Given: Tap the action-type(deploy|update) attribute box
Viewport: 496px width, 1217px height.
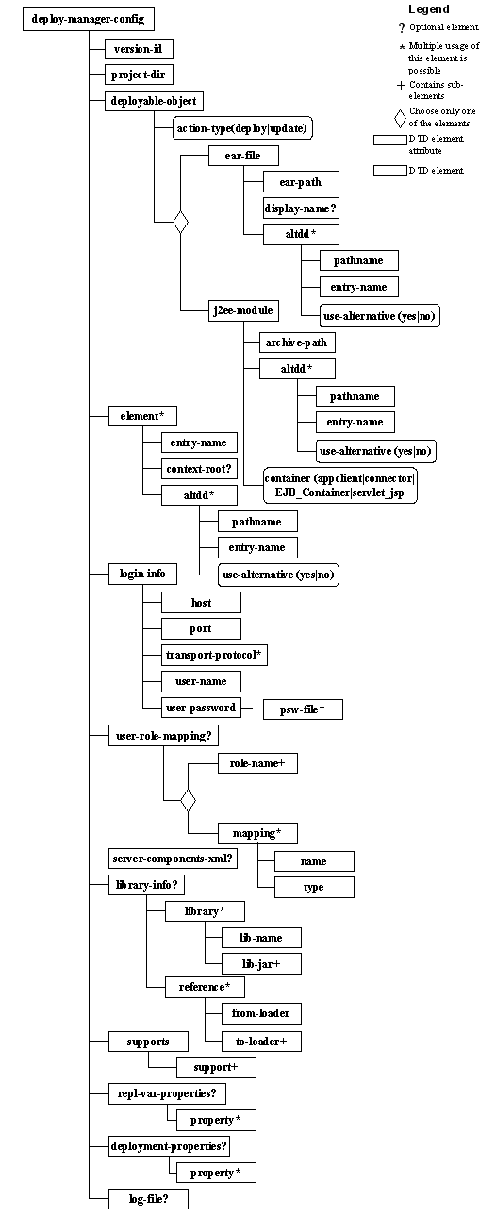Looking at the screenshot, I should (242, 128).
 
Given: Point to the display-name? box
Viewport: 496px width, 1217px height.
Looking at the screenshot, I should (302, 208).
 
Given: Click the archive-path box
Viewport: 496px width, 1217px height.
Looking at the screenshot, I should (297, 342).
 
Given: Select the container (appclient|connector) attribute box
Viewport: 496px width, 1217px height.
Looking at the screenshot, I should (339, 485).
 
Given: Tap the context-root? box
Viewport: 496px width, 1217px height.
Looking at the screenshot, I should (199, 469).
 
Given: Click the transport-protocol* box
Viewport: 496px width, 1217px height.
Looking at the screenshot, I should (213, 655).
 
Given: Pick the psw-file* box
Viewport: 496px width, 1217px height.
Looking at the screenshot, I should (304, 709).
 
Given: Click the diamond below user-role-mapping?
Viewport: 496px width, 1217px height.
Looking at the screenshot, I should (188, 800).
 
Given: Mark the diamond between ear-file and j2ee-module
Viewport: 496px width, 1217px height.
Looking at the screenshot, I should (180, 223).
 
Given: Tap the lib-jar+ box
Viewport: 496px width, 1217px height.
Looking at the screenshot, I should (262, 962).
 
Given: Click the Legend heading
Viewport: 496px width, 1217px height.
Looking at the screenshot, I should (429, 8).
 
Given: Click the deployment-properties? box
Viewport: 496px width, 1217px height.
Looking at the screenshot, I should (170, 1146).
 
